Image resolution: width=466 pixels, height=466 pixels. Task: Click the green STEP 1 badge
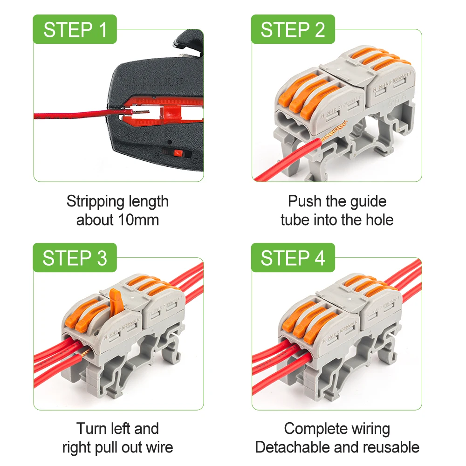75,30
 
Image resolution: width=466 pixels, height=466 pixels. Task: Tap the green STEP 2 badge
293,30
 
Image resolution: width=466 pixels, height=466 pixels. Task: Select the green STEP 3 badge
75,258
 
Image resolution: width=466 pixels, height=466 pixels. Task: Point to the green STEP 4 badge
293,258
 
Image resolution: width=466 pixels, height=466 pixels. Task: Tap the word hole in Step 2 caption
377,220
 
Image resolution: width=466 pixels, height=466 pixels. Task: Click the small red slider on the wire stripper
177,153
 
